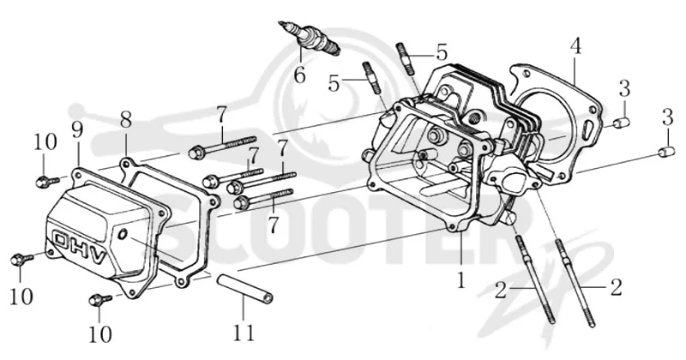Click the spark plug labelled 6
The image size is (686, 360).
point(310,39)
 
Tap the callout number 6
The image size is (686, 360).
point(299,75)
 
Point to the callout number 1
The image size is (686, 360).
point(460,279)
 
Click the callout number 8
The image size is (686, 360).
point(125,120)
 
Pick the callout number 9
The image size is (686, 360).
point(77,130)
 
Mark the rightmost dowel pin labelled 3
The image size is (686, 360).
point(666,152)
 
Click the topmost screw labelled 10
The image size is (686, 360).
point(47,181)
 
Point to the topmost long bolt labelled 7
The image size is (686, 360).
point(222,147)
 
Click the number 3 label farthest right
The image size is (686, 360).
point(667,117)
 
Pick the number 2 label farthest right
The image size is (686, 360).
point(616,287)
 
